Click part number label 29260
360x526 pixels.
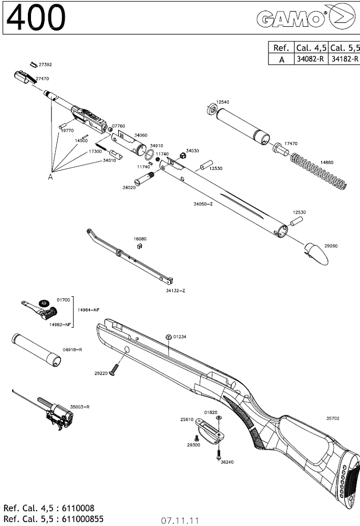point(331,245)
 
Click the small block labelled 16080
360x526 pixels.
point(139,244)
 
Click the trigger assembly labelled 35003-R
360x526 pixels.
point(59,416)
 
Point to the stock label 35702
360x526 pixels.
point(332,419)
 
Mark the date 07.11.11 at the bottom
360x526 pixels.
point(180,520)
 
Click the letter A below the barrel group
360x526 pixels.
point(50,177)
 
